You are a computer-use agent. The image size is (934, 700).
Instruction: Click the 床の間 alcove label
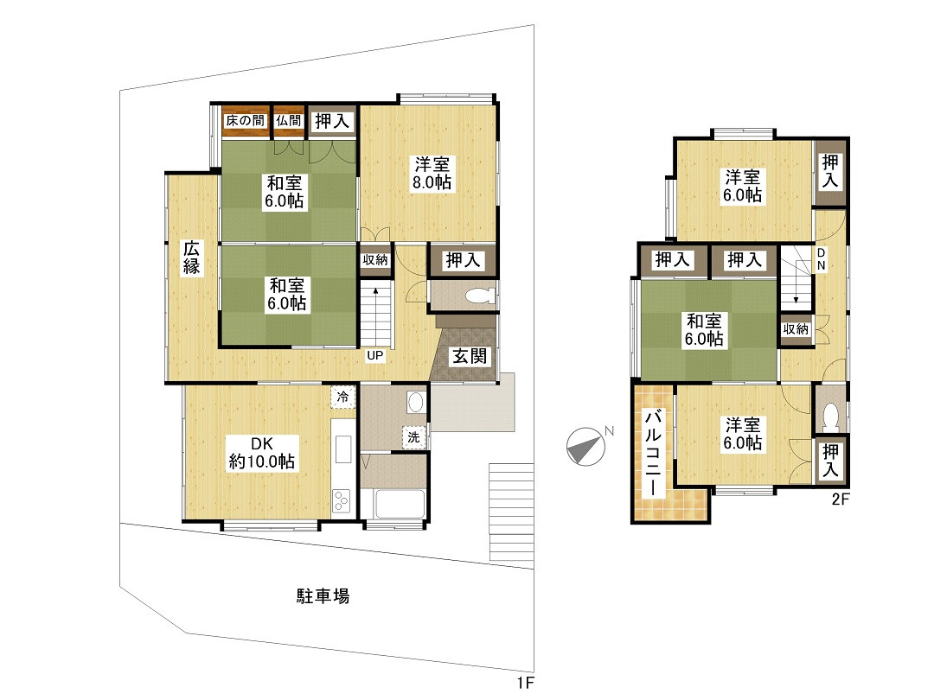tap(245, 120)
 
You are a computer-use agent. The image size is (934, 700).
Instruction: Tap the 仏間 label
tap(289, 120)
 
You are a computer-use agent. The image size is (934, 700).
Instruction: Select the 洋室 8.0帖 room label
tap(432, 173)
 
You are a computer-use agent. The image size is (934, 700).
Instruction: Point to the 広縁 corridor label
tap(192, 258)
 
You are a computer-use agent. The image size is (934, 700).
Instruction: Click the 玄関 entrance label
tap(470, 356)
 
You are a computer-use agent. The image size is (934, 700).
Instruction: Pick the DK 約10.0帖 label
tap(262, 452)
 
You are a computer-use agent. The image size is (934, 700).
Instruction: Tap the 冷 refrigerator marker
tap(343, 397)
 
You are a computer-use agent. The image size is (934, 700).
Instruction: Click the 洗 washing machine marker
tap(413, 437)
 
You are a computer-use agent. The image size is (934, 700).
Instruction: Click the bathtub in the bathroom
tap(400, 504)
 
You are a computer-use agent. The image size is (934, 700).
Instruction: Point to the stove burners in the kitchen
tap(342, 500)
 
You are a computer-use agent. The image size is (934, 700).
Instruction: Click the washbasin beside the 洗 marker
tap(416, 403)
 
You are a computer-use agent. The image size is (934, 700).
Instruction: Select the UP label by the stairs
tap(374, 356)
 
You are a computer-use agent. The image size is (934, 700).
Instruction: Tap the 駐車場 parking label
tap(323, 595)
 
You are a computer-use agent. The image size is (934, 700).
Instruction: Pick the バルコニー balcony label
tap(654, 452)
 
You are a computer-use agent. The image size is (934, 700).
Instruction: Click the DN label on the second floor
tap(821, 259)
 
